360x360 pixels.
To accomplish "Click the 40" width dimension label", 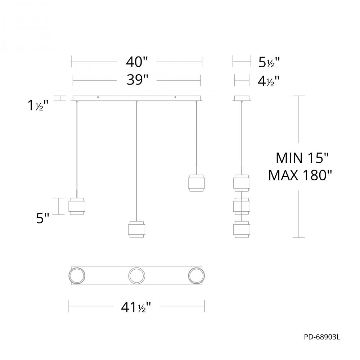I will click(137, 62).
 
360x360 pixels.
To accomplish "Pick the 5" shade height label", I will click(42, 218).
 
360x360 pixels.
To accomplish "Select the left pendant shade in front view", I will click(77, 206).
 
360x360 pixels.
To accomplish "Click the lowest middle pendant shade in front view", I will click(136, 229).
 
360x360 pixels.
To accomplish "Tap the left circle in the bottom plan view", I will click(77, 276).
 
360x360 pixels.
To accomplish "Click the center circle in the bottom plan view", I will click(137, 276).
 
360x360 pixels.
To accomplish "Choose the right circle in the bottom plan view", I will click(197, 276).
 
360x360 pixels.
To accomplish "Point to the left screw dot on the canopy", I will click(98, 97).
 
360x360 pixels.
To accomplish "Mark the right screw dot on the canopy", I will click(175, 97).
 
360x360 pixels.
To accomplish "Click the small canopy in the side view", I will click(242, 98).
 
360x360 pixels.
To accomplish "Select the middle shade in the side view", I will click(242, 206).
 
